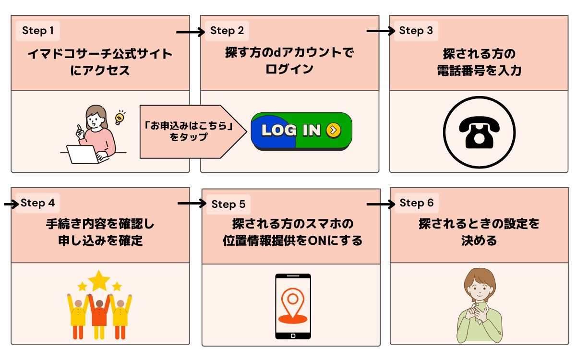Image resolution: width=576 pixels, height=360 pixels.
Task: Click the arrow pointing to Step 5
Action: coord(192,204)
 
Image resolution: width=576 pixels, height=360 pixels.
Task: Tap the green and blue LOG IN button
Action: coord(301,131)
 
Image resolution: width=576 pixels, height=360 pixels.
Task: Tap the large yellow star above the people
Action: coord(99,280)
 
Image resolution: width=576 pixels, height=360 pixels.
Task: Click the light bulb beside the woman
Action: coord(120,117)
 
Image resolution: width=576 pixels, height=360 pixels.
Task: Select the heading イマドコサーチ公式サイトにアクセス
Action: coord(99,62)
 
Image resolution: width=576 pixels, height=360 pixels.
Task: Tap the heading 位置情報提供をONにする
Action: coord(292,240)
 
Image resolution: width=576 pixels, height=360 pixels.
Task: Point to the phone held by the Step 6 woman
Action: coord(480,307)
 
